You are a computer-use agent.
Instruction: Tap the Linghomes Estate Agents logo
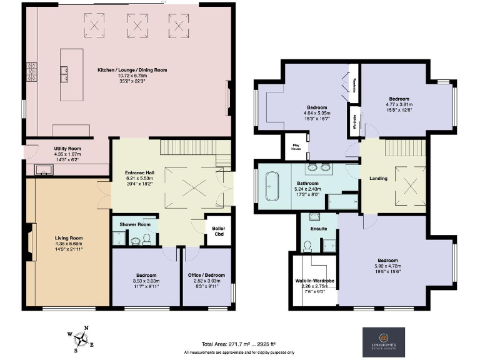point(384,342)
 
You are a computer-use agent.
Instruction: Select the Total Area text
point(229,344)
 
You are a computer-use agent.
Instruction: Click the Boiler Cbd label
point(219,232)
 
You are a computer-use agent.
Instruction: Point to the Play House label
point(297,147)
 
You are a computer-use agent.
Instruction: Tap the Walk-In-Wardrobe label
point(314,281)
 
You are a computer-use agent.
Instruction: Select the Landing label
point(378,178)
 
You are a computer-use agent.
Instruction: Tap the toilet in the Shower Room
point(146,239)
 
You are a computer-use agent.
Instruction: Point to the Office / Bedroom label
point(206,276)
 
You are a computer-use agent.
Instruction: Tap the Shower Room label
point(134,224)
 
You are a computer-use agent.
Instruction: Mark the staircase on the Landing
point(395,149)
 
